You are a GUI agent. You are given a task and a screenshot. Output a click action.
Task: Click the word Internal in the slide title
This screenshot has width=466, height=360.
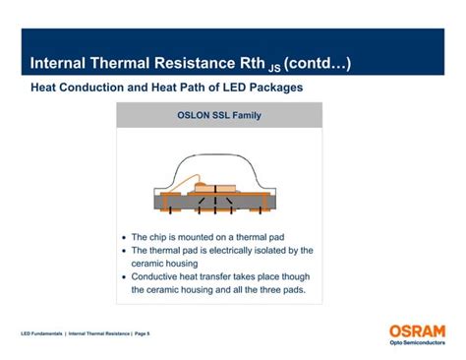[60, 64]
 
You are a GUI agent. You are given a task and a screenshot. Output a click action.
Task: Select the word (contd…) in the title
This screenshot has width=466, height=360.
[319, 64]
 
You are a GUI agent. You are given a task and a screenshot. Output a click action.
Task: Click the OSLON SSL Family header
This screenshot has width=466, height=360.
[218, 114]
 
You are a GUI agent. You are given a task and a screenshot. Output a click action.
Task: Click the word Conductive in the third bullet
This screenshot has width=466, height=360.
[157, 276]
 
